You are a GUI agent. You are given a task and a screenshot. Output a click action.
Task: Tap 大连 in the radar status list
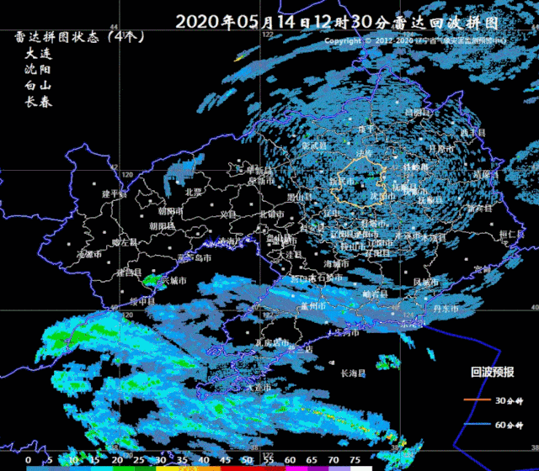39,53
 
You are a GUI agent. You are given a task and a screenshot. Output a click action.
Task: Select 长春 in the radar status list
39,101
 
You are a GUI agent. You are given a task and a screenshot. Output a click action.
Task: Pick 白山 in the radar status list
39,85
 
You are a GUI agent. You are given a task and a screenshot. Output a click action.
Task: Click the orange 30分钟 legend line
476,400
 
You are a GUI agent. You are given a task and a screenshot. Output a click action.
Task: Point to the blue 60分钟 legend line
476,426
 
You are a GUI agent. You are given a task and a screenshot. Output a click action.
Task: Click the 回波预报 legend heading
492,372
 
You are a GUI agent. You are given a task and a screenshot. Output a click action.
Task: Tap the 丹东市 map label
445,310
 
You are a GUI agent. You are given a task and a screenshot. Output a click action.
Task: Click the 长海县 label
354,373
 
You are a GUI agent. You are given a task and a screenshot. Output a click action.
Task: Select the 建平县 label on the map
114,193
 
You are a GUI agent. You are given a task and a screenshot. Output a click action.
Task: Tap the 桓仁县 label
511,235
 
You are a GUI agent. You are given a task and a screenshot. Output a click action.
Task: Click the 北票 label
193,192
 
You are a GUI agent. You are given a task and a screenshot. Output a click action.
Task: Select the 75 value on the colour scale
355,461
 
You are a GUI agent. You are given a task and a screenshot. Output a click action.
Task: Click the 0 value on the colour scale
29,461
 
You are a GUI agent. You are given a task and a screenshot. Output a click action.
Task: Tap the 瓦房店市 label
272,343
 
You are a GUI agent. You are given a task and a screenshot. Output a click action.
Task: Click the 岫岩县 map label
371,294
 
